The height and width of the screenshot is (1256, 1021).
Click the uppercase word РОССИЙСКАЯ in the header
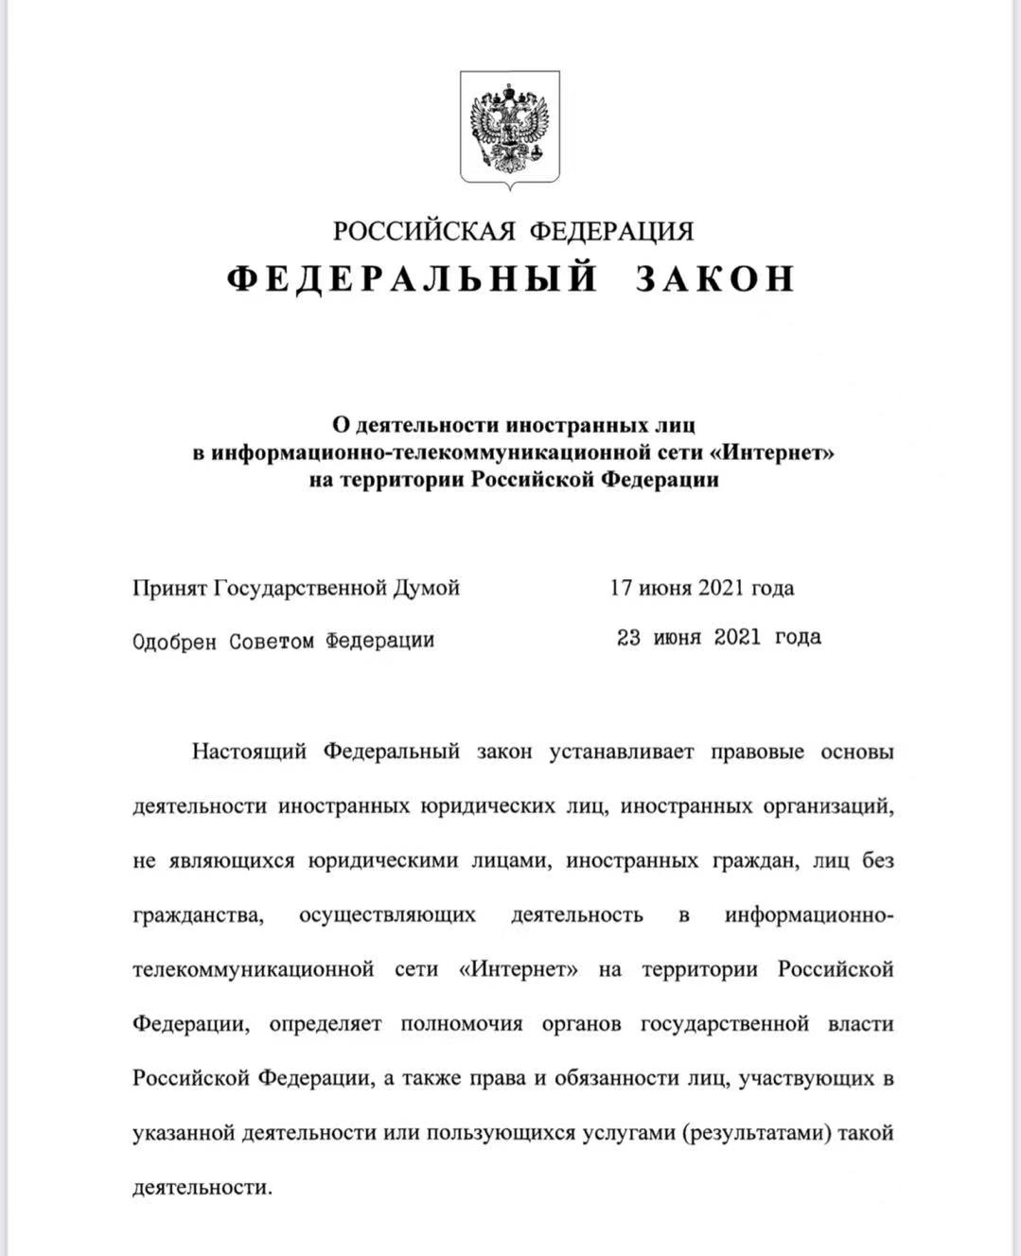pos(423,231)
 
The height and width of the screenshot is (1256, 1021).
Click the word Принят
pos(169,589)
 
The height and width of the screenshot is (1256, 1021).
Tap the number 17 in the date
pos(621,588)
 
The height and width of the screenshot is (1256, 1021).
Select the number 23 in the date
pos(629,637)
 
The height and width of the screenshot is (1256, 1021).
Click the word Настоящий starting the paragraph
pos(249,752)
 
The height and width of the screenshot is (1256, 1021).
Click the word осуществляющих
pos(387,915)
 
